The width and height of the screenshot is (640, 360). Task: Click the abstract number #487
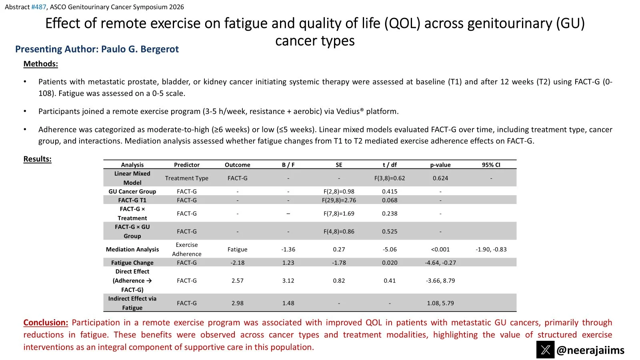(39, 7)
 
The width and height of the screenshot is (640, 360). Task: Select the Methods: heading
(41, 64)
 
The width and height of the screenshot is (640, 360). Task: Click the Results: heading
(38, 159)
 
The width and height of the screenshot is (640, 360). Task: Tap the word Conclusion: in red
(46, 322)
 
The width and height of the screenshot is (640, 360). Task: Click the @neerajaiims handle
(590, 350)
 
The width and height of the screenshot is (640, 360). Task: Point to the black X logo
(545, 350)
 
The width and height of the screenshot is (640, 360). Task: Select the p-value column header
(440, 165)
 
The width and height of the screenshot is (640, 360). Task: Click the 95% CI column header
(491, 165)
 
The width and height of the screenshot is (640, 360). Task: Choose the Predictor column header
(187, 165)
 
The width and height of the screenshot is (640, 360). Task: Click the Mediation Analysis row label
(132, 249)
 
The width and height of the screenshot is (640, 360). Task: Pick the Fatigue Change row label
(132, 263)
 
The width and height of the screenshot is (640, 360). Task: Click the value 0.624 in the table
(440, 178)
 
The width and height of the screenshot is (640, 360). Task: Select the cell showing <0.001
(440, 249)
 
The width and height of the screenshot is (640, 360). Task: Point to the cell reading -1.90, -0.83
(491, 249)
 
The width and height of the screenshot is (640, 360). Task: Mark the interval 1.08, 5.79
(440, 303)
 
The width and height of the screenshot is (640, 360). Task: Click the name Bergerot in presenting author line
(160, 49)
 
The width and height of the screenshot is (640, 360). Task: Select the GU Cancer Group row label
(132, 192)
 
